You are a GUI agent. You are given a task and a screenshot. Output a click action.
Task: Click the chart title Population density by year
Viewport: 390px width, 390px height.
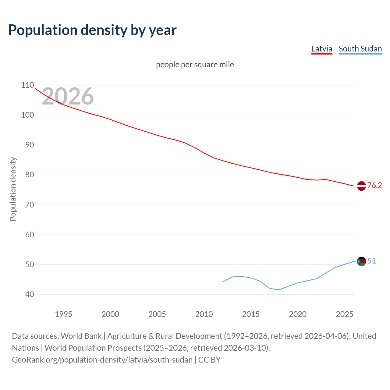[92, 30]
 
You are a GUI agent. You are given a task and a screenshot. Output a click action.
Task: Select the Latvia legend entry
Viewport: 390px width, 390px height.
[321, 49]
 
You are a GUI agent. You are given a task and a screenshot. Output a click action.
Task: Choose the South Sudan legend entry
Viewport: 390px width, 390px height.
[360, 49]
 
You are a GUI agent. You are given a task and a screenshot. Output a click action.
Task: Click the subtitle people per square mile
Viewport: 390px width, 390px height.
[195, 65]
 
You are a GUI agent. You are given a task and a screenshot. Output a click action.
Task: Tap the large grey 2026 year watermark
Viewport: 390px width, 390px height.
[68, 96]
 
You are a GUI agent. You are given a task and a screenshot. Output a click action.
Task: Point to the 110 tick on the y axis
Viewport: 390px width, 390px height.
[27, 85]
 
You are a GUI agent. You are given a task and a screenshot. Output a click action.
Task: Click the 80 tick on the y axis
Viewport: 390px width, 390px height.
[27, 175]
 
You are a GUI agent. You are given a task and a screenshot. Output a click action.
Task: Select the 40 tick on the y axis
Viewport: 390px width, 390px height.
[27, 294]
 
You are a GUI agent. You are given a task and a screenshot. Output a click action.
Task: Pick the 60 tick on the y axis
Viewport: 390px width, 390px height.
[27, 235]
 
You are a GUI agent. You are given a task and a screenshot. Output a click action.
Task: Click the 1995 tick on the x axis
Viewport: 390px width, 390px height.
[63, 314]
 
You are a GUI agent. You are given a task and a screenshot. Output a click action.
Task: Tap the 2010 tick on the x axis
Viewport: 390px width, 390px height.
[204, 314]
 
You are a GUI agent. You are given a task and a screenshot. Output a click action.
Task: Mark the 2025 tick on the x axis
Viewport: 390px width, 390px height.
[344, 314]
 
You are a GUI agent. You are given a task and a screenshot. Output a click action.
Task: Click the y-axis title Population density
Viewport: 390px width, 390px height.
[13, 189]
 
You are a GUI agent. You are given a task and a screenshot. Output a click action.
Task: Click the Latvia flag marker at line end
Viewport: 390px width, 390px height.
[361, 186]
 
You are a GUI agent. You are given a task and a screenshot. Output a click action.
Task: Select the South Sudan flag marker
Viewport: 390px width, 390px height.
[361, 261]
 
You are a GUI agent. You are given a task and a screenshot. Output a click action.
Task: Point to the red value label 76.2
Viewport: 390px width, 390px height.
[374, 185]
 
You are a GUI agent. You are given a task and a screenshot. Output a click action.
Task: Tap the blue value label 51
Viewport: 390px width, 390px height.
[371, 261]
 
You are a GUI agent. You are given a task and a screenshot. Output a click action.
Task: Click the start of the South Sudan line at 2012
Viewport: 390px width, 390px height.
[223, 282]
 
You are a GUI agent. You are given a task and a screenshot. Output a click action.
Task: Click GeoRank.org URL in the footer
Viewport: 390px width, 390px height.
[102, 360]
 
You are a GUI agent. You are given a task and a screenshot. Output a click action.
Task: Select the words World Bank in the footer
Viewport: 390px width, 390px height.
[81, 336]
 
